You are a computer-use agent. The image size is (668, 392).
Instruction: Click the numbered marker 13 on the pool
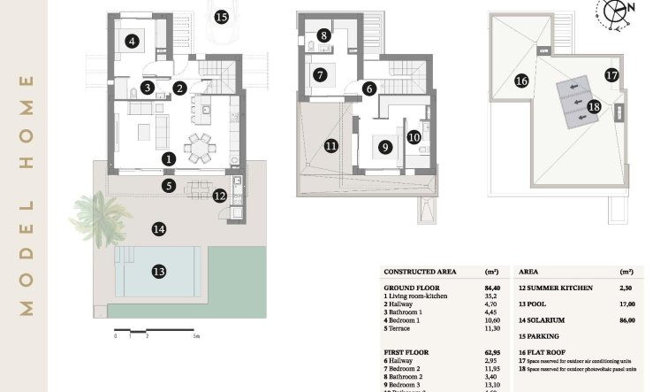[159, 271]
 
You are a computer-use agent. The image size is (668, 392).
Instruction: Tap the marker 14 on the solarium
[158, 228]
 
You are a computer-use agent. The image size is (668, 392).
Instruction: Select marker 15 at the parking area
[221, 17]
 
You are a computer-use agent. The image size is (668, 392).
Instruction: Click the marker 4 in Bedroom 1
[132, 41]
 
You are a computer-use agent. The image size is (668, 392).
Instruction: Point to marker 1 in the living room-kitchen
[169, 158]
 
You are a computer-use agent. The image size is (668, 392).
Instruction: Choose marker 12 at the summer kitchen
[219, 196]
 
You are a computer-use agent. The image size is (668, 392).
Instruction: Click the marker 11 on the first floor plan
[330, 145]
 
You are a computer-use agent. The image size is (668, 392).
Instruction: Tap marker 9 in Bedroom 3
[384, 148]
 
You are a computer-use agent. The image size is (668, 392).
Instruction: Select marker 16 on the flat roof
[521, 81]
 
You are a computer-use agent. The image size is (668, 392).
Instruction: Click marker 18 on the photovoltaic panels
[594, 105]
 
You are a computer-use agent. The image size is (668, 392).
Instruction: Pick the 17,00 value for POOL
[626, 304]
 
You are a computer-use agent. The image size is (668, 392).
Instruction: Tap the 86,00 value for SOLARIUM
[626, 319]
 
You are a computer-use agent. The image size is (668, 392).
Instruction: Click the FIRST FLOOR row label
[405, 351]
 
